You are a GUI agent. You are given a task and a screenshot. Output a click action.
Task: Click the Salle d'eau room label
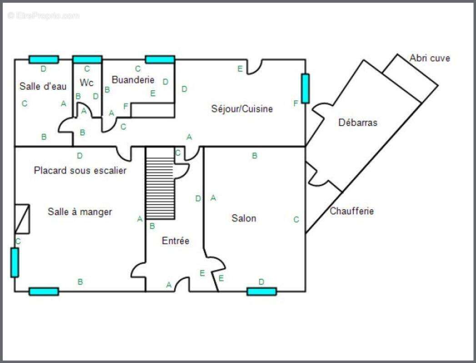(43, 86)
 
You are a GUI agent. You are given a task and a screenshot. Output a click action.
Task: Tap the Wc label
(86, 83)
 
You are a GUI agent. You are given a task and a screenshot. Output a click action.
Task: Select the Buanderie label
(133, 80)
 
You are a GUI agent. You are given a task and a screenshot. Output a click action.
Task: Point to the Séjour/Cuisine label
(242, 108)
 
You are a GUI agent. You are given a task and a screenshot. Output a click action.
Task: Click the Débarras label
(358, 122)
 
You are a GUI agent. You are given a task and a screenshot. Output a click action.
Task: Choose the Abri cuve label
(430, 58)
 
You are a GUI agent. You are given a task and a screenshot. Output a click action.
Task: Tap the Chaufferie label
(351, 211)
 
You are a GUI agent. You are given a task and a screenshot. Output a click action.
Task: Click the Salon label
(244, 218)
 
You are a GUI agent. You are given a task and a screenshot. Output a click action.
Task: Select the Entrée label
(175, 241)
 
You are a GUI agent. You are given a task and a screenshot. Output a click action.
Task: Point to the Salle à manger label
(80, 212)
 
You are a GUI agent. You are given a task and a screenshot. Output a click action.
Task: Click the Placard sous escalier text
(80, 171)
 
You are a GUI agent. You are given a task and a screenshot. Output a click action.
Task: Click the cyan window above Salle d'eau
(44, 59)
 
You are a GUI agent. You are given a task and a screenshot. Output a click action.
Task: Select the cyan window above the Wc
(87, 59)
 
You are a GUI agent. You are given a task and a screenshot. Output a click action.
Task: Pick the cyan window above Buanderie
(160, 59)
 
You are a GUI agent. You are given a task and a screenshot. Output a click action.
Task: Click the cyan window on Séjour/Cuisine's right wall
(305, 88)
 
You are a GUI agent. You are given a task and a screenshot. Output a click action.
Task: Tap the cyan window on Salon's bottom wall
(261, 291)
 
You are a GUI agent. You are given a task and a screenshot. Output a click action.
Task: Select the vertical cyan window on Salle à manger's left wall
(15, 262)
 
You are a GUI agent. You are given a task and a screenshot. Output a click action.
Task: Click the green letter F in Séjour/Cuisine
(296, 103)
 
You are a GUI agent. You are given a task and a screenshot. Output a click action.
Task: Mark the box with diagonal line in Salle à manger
(22, 219)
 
